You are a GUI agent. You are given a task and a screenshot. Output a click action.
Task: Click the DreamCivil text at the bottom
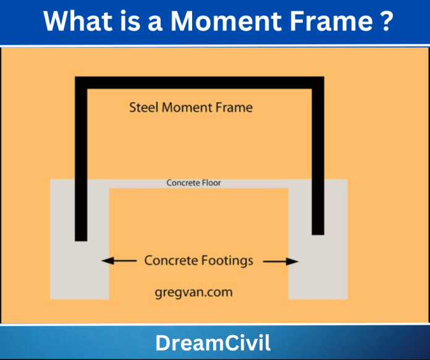point(214,343)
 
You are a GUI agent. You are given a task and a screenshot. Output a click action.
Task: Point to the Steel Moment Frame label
point(191,107)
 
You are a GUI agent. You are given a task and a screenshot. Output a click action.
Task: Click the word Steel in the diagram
point(144,107)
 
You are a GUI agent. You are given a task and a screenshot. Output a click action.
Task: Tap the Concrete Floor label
point(193,183)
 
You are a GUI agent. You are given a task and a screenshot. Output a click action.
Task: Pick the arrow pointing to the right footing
point(281,261)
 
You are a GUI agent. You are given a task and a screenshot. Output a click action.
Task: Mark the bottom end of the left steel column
point(81,238)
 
